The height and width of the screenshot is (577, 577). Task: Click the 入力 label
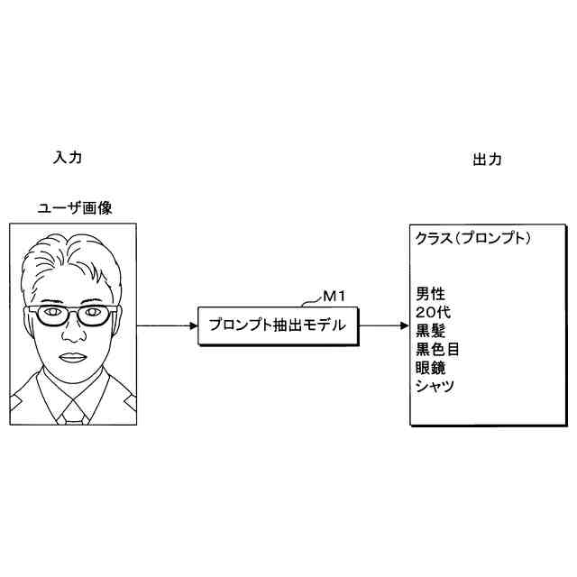68,157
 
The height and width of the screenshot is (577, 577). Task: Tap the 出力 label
488,160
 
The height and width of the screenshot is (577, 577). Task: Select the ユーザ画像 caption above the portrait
74,208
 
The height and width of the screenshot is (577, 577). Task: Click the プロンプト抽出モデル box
277,325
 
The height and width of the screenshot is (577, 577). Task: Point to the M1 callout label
335,294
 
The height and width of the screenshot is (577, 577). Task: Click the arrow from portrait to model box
167,325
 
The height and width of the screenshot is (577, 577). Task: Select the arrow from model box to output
382,325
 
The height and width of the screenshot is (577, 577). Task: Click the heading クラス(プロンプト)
472,239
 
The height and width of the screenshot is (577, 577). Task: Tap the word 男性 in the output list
430,294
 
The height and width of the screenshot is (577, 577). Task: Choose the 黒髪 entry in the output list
430,331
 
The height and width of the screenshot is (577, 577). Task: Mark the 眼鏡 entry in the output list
430,368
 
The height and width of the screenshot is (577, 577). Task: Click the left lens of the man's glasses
50,315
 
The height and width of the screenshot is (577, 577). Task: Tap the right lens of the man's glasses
93,315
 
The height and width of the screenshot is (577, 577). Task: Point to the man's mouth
71,357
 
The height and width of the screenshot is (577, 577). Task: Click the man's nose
71,335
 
